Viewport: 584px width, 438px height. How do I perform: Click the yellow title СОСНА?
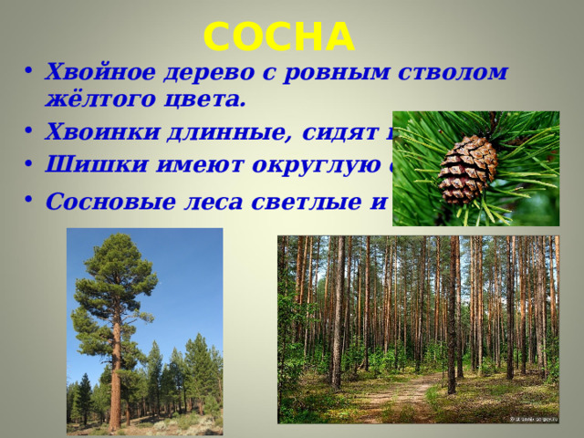click(278, 36)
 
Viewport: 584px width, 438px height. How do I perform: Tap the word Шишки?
click(82, 165)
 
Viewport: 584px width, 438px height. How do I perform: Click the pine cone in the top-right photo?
click(467, 170)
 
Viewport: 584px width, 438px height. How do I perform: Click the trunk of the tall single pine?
click(116, 383)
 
